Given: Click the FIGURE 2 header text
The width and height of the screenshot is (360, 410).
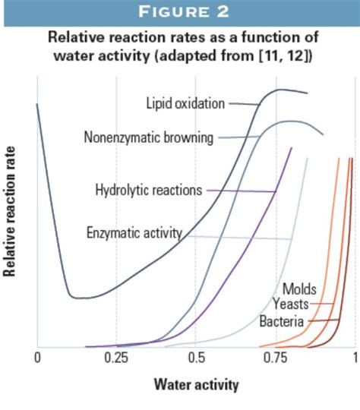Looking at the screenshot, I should tap(180, 13).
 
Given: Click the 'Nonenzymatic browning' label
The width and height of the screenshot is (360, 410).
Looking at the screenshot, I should tap(149, 137).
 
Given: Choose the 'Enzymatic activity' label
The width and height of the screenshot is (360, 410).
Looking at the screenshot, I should tap(134, 232).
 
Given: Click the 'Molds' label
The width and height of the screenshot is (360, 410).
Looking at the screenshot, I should tap(299, 289).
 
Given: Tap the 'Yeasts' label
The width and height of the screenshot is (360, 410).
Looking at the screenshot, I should tap(290, 305).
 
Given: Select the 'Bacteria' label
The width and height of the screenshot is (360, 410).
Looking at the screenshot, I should tap(282, 322).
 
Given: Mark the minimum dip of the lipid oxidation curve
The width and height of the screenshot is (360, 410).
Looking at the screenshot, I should tap(76, 297).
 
